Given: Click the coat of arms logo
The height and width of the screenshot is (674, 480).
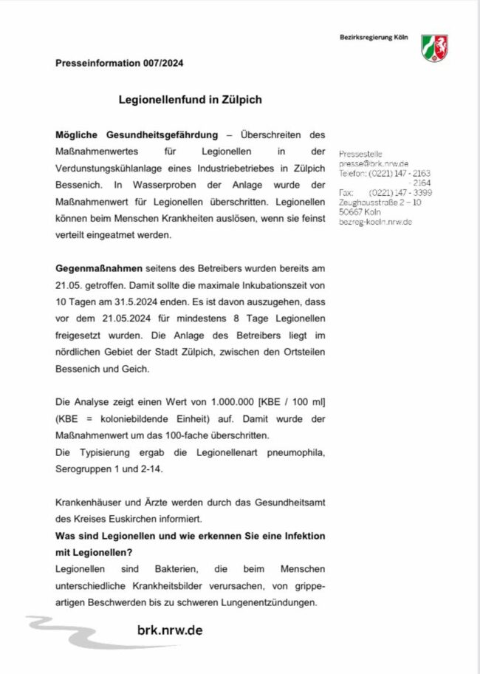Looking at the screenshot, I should pos(433,47).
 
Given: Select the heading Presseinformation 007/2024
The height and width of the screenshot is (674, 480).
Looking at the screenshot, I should pos(119,64).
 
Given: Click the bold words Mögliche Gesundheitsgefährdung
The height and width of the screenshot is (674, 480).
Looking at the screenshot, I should pos(137,135).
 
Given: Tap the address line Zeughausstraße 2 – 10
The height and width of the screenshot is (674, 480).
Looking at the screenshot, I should pos(380,202).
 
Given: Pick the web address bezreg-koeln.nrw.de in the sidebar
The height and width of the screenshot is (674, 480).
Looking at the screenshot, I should pos(375,222).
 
